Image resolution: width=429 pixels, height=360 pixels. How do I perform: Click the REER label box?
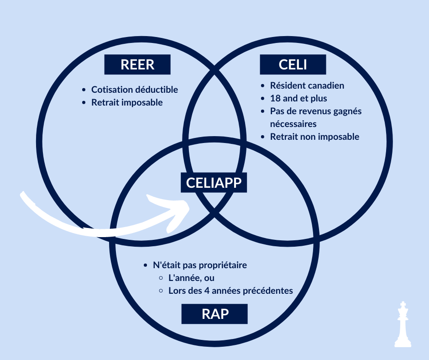tap(137, 64)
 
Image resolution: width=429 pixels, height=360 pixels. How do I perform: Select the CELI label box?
tap(293, 64)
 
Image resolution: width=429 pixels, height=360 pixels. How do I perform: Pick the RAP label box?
tap(214, 314)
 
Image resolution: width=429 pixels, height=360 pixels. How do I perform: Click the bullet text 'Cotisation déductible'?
tap(135, 90)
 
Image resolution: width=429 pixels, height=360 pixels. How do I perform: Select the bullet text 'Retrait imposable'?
tap(127, 102)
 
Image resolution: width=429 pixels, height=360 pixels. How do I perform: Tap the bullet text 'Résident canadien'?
tap(307, 85)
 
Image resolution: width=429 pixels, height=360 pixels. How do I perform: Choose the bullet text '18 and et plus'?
tap(298, 98)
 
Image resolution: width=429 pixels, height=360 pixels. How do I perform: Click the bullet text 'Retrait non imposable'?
tap(314, 137)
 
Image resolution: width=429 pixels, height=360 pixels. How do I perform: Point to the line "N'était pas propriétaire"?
tap(200, 265)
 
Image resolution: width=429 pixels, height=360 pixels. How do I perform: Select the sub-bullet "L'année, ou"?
tap(191, 278)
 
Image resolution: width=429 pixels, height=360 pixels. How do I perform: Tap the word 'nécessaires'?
tap(293, 124)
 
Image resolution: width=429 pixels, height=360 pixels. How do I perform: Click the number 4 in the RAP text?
tap(206, 291)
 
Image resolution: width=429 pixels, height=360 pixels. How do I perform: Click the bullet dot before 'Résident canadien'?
tap(263, 86)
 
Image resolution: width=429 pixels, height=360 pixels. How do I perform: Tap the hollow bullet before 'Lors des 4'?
tap(161, 291)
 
